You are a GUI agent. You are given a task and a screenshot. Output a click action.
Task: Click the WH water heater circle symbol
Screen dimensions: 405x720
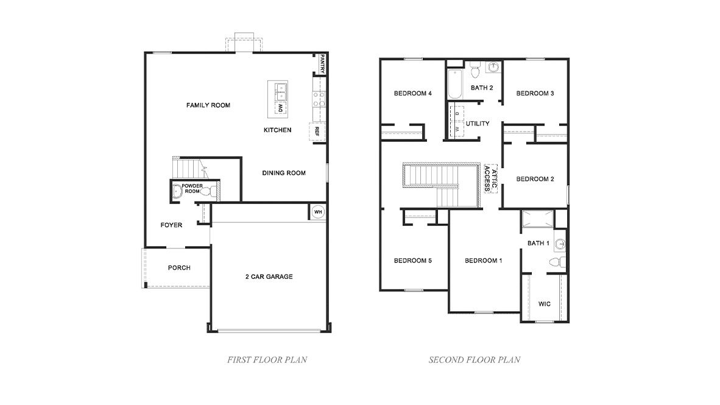point(317,212)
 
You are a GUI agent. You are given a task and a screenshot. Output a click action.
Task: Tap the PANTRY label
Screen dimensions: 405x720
point(322,64)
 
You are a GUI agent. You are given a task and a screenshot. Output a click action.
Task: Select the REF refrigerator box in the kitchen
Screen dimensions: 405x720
point(317,130)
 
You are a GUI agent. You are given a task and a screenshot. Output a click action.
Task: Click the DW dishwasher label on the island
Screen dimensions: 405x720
point(280,108)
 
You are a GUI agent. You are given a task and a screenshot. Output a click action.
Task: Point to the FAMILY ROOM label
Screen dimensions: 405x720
point(208,105)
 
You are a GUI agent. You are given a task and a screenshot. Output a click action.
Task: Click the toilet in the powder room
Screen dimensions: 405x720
point(206,192)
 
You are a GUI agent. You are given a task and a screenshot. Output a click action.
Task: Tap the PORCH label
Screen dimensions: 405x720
point(179,268)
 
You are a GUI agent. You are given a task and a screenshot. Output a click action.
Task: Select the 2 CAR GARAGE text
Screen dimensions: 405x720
point(269,276)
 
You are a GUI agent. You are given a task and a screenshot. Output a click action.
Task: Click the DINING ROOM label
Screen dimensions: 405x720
point(284,173)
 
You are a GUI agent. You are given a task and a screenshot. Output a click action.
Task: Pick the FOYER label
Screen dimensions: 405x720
point(171,225)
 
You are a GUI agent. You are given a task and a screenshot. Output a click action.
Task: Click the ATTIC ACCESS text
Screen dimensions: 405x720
point(491,178)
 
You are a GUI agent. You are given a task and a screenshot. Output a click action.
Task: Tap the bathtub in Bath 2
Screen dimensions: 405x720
point(454,85)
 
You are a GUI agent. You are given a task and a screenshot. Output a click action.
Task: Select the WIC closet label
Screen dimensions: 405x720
point(545,303)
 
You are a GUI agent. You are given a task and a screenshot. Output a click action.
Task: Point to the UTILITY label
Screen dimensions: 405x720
point(478,124)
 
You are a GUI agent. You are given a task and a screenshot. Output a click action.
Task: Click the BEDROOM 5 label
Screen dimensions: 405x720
point(412,261)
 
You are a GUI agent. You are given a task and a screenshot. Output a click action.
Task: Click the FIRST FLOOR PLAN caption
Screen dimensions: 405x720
point(267,359)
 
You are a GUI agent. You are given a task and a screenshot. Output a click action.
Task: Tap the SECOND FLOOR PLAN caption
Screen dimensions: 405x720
point(475,359)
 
